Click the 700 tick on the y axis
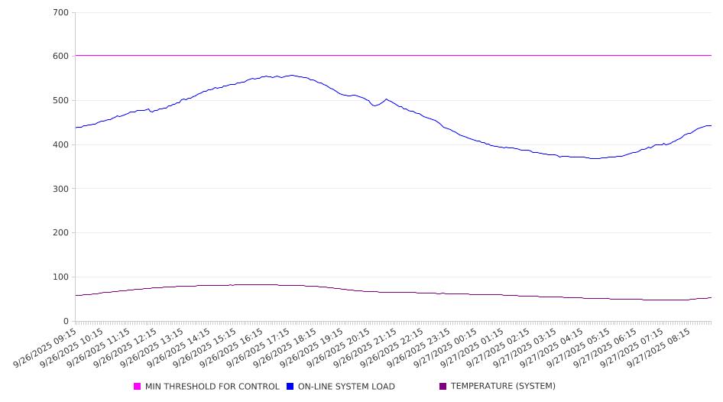pos(61,13)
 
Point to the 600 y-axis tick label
pos(61,57)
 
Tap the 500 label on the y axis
pos(61,101)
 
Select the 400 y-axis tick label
pos(61,145)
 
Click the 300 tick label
pos(61,189)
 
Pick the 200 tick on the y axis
pos(61,233)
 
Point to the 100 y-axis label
pos(61,277)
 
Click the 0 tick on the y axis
pos(66,322)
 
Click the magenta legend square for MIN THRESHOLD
pos(138,387)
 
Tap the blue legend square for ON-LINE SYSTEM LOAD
pos(290,387)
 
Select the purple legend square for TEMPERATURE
pos(443,387)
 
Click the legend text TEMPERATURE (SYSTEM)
pos(503,387)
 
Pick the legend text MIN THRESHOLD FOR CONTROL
pos(212,387)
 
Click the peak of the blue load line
pos(291,75)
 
